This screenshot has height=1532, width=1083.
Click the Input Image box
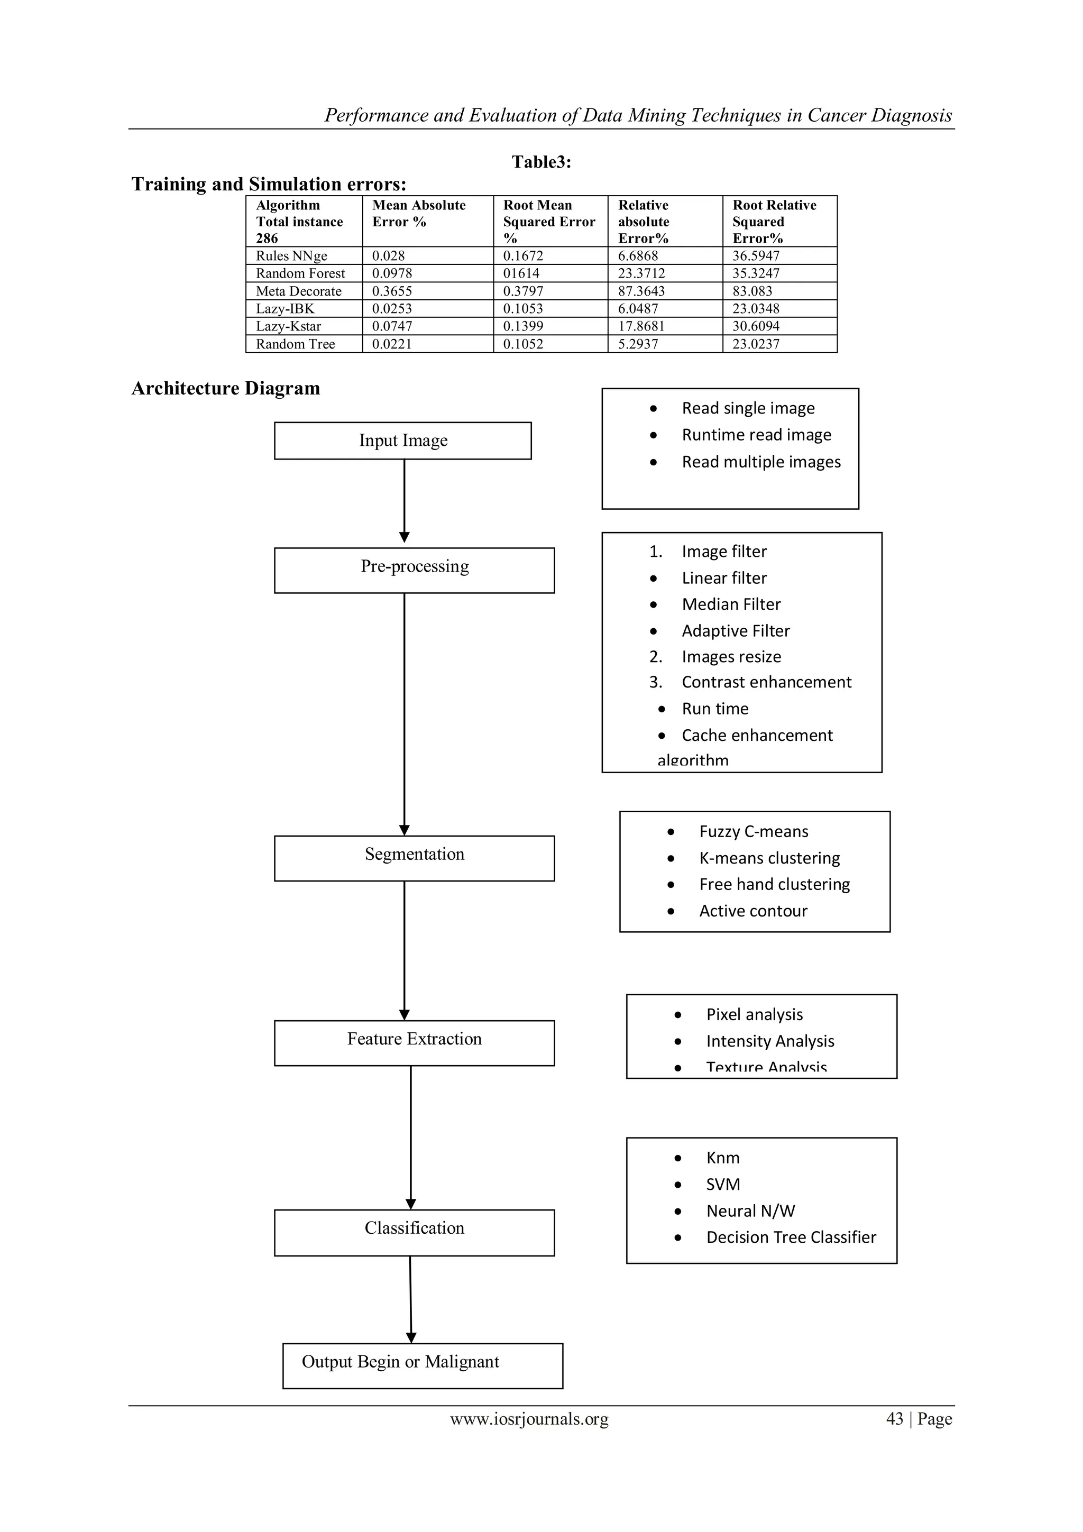tap(402, 441)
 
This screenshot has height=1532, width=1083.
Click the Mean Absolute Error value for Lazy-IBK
tap(392, 308)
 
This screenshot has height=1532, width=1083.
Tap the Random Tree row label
tap(295, 344)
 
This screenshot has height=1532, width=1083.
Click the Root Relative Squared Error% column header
tap(774, 221)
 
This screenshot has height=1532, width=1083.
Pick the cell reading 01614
tap(521, 273)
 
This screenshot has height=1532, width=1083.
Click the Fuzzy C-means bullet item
tap(754, 831)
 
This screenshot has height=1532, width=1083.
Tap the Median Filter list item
tap(731, 604)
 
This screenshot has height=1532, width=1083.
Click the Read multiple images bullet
tap(761, 462)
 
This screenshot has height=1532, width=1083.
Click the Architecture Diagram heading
tap(226, 388)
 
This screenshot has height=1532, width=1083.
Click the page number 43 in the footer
tap(894, 1419)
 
